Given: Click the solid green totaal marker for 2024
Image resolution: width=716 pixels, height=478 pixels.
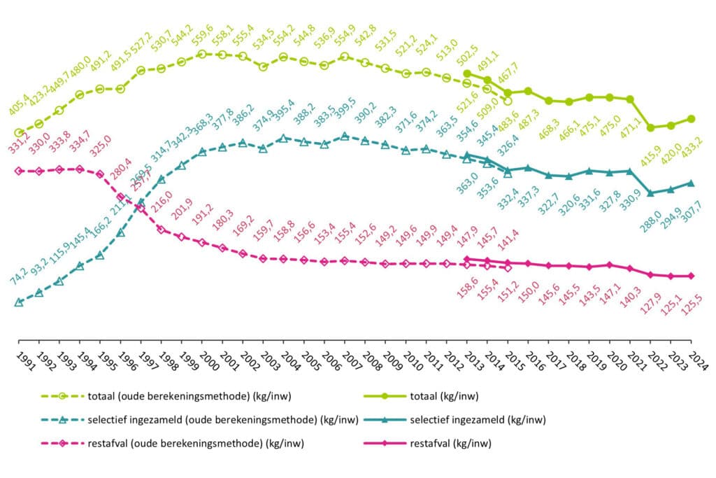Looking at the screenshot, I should [692, 118].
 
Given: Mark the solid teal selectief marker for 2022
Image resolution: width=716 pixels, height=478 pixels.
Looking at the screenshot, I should [651, 193].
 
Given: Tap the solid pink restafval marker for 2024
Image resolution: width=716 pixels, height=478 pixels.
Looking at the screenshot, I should [692, 276].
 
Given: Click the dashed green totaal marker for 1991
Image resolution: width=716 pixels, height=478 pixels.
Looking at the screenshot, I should [19, 132].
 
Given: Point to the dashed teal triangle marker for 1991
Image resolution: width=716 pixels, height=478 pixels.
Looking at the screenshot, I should [19, 302].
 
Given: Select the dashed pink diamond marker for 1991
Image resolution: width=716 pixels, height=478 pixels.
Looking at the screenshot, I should [19, 171].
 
